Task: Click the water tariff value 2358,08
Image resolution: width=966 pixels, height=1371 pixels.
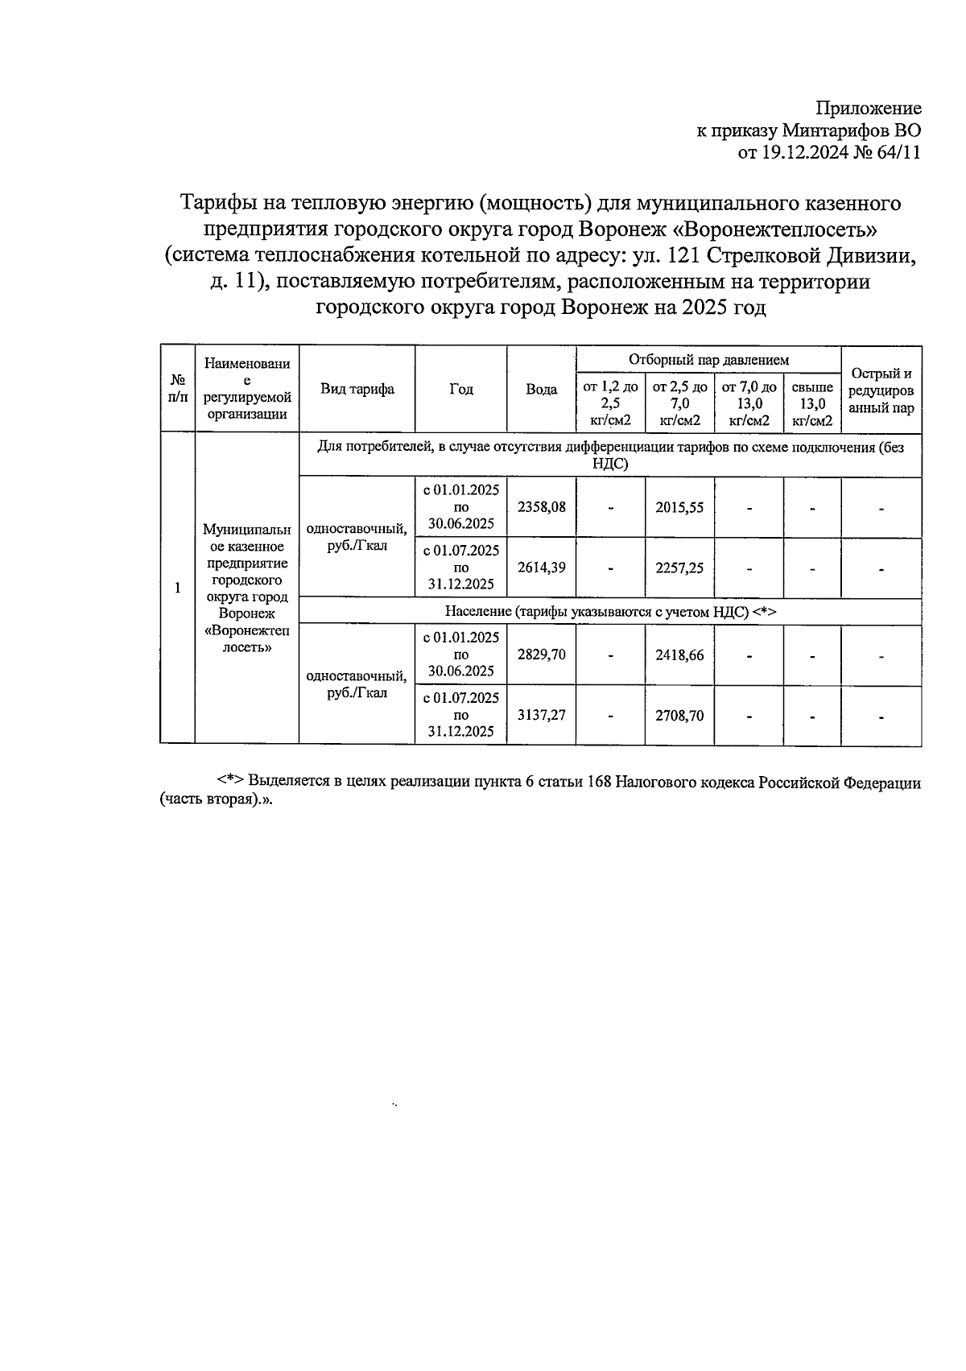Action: pos(541,507)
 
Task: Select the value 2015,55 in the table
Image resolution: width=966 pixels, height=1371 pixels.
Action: pos(679,507)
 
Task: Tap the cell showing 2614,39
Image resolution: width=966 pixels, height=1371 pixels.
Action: pos(541,568)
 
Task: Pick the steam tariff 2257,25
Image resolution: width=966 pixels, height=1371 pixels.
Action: pos(679,568)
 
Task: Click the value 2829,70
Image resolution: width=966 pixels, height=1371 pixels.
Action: pos(541,655)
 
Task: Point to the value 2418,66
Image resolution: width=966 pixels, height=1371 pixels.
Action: pos(679,655)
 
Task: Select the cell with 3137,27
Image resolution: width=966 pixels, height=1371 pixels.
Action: pos(541,715)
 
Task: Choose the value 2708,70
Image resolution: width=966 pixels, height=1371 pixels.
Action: pos(679,715)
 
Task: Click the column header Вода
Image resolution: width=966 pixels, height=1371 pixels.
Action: pos(541,390)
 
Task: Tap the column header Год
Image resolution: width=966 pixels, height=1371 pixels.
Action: pos(460,390)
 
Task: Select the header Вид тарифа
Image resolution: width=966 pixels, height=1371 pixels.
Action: pos(357,390)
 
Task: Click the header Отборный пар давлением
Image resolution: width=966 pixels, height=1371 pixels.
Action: pos(708,360)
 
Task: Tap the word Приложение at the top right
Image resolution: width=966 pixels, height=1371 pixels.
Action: pos(869,109)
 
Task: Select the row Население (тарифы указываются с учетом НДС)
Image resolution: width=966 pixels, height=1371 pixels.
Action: pos(609,612)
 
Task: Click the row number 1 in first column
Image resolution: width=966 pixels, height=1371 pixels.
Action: pos(177,588)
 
